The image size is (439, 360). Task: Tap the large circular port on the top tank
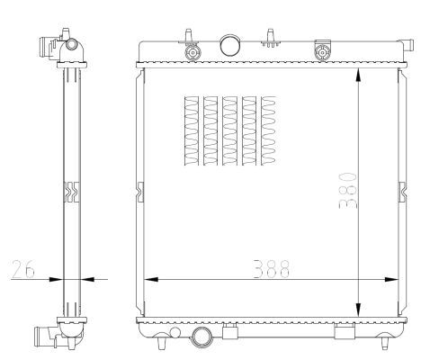pos(230,44)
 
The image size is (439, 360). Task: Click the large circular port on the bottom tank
pos(202,338)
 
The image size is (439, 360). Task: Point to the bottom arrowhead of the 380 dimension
pos(359,309)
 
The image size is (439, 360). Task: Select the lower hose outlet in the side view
pos(44,339)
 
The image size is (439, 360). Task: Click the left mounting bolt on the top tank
pos(191,51)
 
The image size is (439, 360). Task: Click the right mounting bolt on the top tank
pos(319,51)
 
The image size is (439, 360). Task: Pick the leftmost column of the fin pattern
pos(189,131)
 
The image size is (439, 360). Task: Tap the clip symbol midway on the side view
pos(71,190)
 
